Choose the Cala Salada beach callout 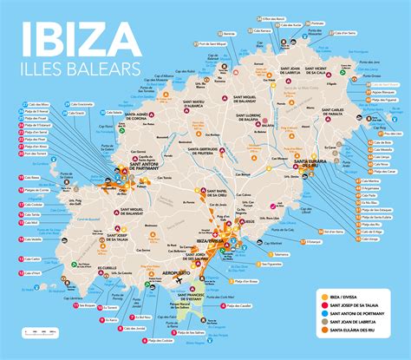tap(113, 113)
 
